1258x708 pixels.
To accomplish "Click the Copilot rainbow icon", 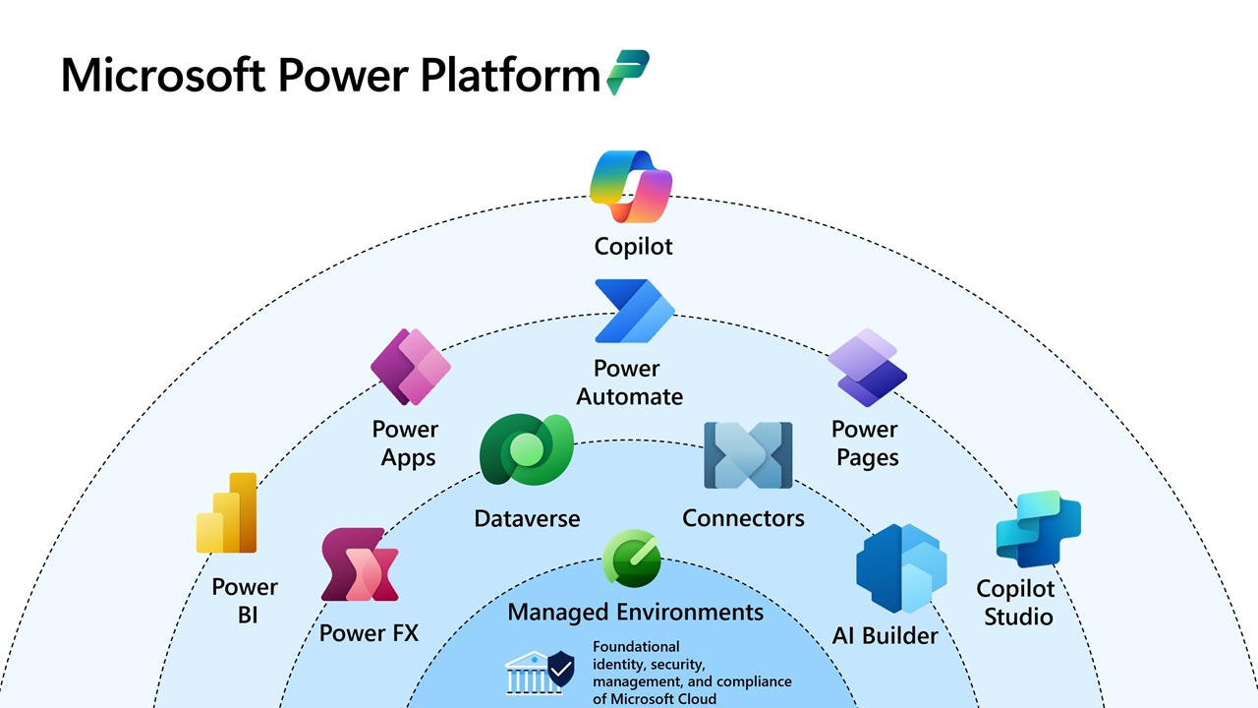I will [631, 187].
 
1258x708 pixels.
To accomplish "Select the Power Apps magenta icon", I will [410, 367].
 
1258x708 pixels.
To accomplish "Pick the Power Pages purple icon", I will [866, 368].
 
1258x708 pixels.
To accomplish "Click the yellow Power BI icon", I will [227, 513].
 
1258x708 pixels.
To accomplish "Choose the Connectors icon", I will [748, 455].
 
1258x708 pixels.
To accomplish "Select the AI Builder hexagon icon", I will [900, 568].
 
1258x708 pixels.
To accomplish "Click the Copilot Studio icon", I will [1038, 529].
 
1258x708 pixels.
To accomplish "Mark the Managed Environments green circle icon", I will [631, 559].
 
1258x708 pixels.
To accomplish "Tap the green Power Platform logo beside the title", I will [628, 72].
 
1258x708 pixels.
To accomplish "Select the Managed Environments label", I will [635, 613].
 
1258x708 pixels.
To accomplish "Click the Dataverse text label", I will [527, 518].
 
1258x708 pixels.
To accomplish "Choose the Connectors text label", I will [743, 518].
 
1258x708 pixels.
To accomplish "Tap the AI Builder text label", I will [885, 635].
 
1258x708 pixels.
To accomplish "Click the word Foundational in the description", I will [636, 647].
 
